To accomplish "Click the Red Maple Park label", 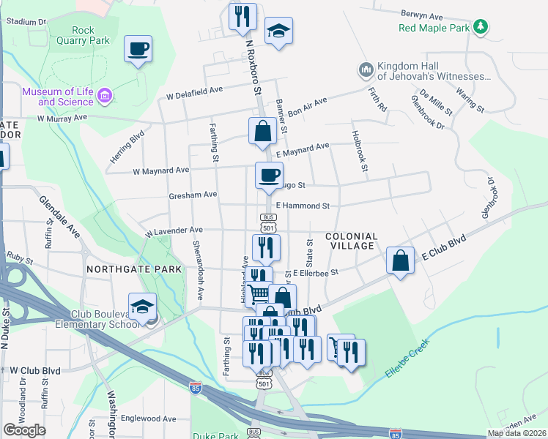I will [x=433, y=29].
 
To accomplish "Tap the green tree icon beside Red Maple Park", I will [x=481, y=27].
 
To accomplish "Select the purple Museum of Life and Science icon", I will [x=105, y=95].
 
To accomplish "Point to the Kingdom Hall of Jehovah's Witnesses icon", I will [x=366, y=70].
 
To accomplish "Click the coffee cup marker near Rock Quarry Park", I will [x=138, y=50].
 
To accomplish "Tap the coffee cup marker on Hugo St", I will [x=269, y=176].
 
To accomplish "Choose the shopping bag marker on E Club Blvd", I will [x=401, y=262].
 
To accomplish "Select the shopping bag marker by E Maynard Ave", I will [x=262, y=132].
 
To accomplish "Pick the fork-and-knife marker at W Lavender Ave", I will [x=266, y=248].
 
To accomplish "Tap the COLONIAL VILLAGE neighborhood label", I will [x=350, y=242].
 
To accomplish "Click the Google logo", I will [x=24, y=429].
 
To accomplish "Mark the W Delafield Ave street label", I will [x=194, y=93].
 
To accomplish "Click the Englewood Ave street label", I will [x=149, y=419].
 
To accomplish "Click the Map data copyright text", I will [x=516, y=433].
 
